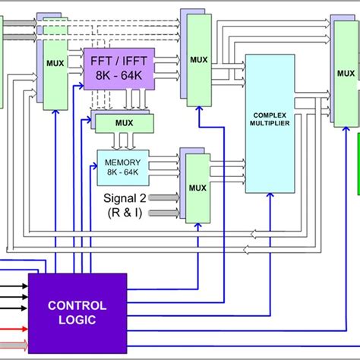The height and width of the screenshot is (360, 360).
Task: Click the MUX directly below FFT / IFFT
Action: tap(122, 122)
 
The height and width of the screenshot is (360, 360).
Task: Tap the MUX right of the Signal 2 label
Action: tap(197, 187)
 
